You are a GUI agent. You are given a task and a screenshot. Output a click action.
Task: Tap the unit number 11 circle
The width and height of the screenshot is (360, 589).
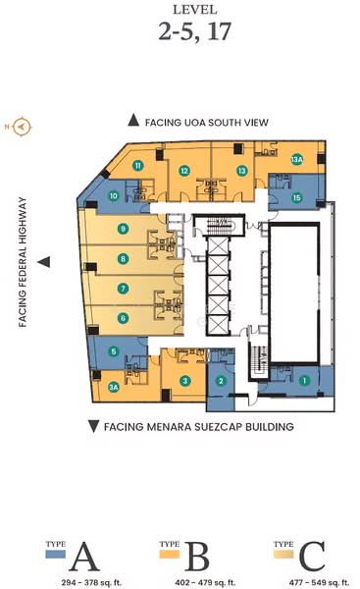139,166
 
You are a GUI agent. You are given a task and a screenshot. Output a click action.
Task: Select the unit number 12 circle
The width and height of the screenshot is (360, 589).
184,170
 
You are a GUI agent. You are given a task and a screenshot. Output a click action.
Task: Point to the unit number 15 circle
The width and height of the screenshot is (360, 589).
297,197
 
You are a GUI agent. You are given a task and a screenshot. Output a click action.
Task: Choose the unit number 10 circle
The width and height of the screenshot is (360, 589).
114,195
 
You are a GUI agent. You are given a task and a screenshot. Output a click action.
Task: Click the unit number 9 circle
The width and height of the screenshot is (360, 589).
123,229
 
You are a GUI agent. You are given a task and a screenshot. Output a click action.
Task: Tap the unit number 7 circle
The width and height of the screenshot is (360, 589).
123,289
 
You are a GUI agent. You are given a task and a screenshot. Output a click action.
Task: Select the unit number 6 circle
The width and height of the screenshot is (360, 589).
123,318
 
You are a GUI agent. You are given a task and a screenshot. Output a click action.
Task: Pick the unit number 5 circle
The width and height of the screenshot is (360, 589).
114,351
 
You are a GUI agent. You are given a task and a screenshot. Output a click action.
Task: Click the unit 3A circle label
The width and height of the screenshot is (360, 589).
114,387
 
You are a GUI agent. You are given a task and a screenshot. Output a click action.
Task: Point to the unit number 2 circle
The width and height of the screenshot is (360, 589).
222,381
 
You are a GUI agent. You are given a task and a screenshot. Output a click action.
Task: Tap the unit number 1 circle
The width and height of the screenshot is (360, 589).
304,380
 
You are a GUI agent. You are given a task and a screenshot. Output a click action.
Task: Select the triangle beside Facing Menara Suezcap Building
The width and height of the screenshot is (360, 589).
93,427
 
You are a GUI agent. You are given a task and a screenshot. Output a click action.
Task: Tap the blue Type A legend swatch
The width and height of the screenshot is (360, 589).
55,553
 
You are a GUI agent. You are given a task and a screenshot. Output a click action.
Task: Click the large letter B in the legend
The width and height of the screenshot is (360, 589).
197,557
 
